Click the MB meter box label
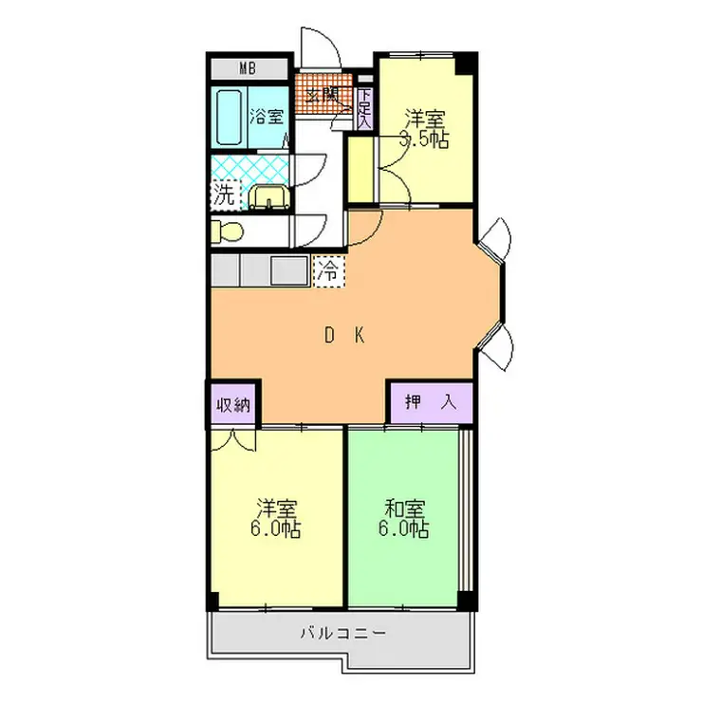pos(248,67)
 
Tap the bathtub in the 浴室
pos(229,116)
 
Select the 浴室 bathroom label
pos(267,117)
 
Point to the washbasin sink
pos(268,196)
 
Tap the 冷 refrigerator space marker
pos(328,270)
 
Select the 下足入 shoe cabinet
pos(364,104)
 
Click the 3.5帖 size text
pos(424,139)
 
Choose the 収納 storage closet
pos(231,404)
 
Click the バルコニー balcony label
pos(343,633)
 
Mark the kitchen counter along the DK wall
pos(260,270)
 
